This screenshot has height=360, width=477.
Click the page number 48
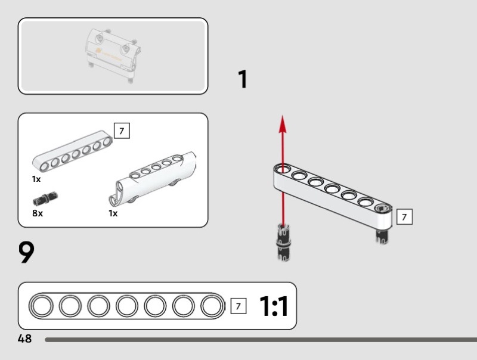[x=24, y=339]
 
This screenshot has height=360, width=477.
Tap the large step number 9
[x=27, y=252]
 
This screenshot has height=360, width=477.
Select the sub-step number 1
[x=242, y=80]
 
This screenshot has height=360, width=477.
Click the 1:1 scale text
[x=274, y=306]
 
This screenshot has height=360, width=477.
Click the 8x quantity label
[x=38, y=213]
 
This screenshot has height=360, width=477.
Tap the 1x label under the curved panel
[x=113, y=213]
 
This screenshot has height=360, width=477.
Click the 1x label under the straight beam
[x=36, y=179]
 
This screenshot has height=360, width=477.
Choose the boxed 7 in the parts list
[x=122, y=131]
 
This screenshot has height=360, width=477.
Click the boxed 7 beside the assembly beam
[x=404, y=217]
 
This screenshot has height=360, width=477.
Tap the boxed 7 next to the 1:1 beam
[x=238, y=306]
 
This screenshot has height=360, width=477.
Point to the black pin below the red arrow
[x=283, y=241]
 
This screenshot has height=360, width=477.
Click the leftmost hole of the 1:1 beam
[x=42, y=306]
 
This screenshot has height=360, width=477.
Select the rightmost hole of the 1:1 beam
[x=211, y=306]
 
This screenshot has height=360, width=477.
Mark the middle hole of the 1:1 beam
[x=126, y=306]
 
